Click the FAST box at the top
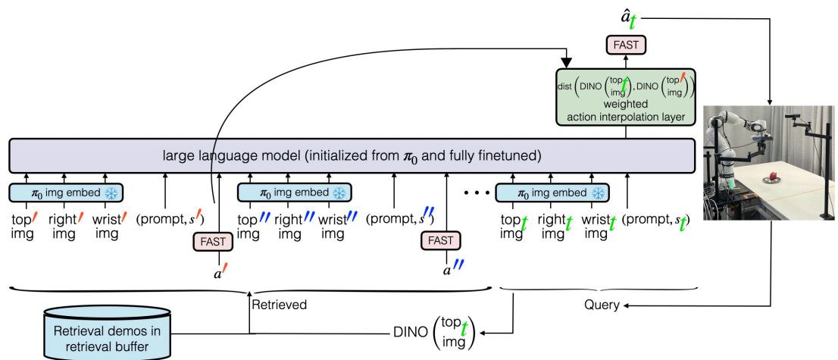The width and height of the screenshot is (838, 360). [626, 45]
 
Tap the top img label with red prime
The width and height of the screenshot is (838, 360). [21, 225]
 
